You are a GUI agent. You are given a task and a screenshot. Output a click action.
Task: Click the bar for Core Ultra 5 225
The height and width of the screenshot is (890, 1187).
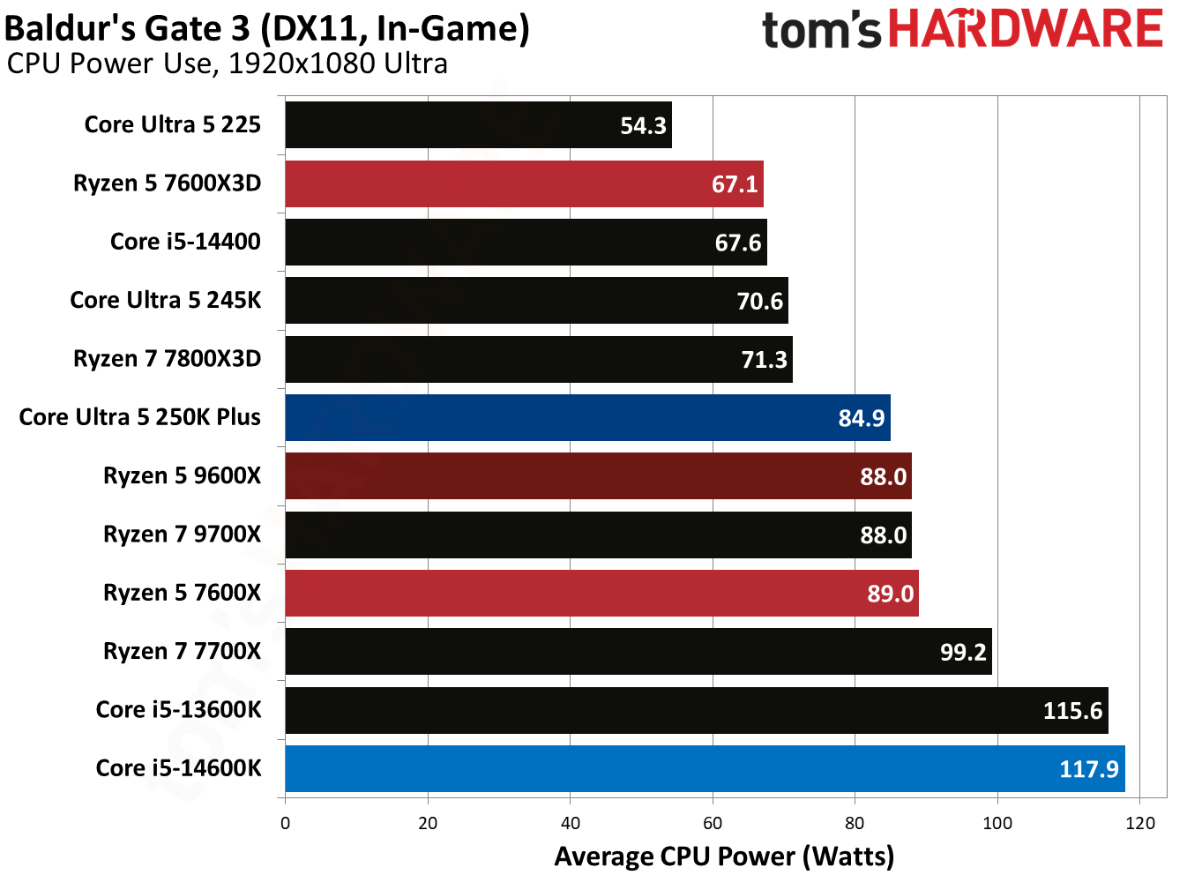click(476, 125)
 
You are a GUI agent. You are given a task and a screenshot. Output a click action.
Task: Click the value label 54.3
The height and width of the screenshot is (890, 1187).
click(643, 126)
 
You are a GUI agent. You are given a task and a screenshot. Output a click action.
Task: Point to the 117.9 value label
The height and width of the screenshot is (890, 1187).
click(1088, 769)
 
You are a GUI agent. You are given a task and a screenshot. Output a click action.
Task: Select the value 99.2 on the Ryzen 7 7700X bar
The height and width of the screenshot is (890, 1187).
click(963, 652)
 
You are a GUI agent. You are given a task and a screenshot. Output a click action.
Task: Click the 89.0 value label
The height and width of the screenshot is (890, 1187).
click(890, 594)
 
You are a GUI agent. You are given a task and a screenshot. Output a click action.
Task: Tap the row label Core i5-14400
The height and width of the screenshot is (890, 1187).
click(185, 242)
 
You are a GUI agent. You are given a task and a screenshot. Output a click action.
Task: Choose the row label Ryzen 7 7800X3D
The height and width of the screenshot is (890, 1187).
click(167, 359)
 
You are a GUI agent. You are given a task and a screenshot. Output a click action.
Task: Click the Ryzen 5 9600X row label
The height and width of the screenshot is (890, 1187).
click(182, 476)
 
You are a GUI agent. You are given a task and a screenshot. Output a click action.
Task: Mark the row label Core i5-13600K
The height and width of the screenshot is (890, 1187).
click(178, 710)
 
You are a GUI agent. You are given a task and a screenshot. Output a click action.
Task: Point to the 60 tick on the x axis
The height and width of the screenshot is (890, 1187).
click(713, 823)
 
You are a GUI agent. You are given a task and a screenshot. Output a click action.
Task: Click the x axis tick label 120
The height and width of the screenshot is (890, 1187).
click(1140, 823)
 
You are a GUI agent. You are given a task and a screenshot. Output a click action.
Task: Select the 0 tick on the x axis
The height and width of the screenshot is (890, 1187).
click(285, 823)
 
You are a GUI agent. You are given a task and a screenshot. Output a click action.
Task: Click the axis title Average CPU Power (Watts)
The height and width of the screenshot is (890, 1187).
click(724, 856)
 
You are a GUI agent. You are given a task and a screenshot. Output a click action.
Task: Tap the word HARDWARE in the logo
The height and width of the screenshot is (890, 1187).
click(1026, 29)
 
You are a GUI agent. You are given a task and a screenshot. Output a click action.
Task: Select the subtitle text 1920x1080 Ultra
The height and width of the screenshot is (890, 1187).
click(338, 64)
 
